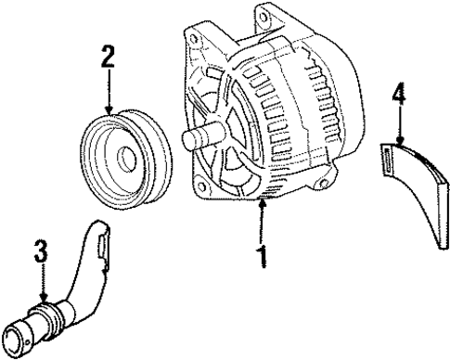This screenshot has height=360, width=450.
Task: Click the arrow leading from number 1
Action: [264, 223]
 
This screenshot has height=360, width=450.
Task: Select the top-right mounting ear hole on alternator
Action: [271, 18]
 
